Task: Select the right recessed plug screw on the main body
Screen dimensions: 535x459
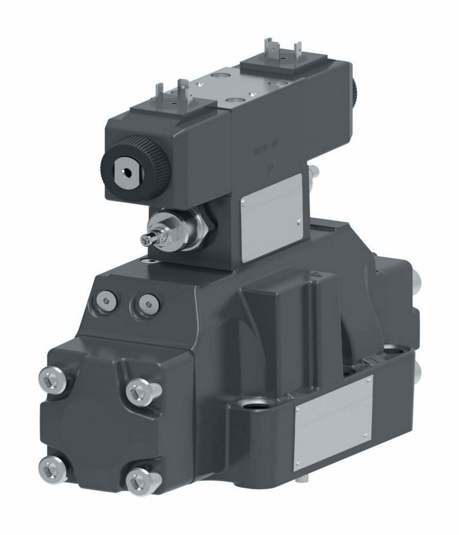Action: tap(148, 304)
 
